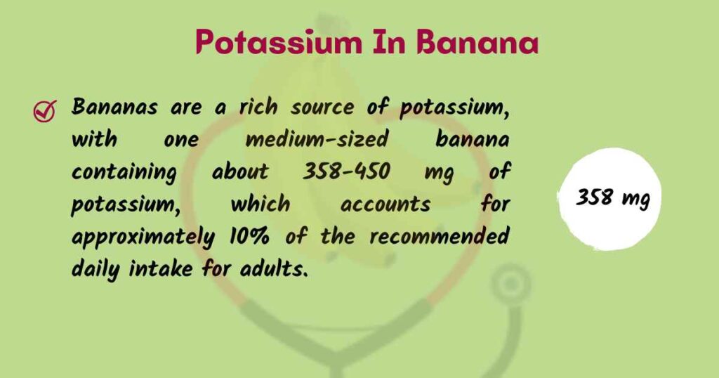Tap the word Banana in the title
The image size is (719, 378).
[477, 42]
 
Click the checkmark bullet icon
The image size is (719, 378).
[46, 110]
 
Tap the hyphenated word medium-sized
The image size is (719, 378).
[317, 140]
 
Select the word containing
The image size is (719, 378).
[124, 172]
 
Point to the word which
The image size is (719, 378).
[260, 204]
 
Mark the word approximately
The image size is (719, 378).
[143, 237]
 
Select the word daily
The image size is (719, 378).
[95, 268]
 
